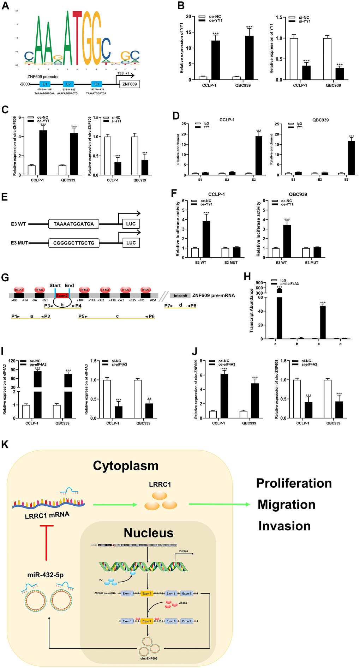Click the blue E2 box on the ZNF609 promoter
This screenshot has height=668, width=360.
point(68,84)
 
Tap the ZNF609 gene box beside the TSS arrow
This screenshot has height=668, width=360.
point(130,84)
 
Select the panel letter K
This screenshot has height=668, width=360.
point(5,444)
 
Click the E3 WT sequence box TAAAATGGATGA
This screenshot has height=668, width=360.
point(74,224)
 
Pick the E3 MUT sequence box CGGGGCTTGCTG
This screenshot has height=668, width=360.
point(74,243)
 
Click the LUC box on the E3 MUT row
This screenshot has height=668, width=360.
point(131,243)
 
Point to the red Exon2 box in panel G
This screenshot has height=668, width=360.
point(62,295)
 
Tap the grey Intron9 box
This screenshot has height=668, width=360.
point(180,295)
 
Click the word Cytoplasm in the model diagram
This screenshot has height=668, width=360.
point(126,465)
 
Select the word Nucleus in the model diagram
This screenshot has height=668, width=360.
point(149,533)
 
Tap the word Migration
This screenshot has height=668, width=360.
point(286,505)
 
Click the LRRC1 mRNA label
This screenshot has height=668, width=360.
point(47,515)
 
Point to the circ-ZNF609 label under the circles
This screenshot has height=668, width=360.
point(148,658)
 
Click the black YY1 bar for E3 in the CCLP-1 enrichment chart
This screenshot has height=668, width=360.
point(259,156)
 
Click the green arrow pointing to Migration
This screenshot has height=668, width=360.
point(219,504)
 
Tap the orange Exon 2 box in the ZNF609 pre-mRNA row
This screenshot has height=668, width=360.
point(146,594)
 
